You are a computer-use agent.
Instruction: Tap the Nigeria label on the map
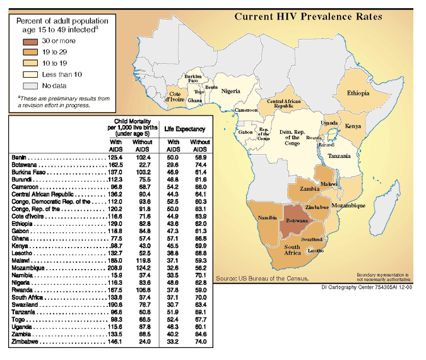pos(231,91)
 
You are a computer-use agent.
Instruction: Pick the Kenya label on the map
pos(353,126)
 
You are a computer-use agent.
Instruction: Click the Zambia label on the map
pos(309,189)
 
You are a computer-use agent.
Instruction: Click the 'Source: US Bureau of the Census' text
pos(263,278)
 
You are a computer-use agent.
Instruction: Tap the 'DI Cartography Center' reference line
pos(370,287)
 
